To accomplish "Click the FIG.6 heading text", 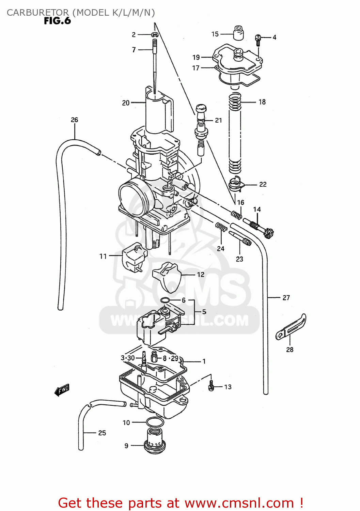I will tap(57, 21).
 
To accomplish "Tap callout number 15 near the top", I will tap(215, 34).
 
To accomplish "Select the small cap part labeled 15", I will tap(238, 32).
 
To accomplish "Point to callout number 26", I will tap(74, 120).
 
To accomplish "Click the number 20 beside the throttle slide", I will tap(126, 103).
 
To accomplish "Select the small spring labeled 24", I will tap(221, 227).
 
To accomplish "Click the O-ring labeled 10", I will tap(155, 422).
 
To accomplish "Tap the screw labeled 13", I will tap(211, 386).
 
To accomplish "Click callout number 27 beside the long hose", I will tap(286, 298).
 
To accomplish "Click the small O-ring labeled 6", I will tap(165, 300).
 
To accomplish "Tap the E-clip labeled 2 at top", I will tap(155, 34).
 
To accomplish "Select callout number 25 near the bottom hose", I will tap(102, 433).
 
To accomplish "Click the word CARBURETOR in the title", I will tap(37, 13).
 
